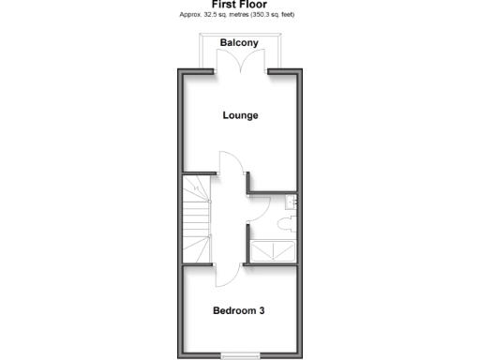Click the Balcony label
pyautogui.click(x=240, y=43)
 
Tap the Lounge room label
pyautogui.click(x=240, y=115)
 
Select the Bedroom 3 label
pyautogui.click(x=238, y=310)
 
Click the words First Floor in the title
pyautogui.click(x=239, y=5)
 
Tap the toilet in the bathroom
pyautogui.click(x=285, y=222)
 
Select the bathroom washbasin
pyautogui.click(x=292, y=200)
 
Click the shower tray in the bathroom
pyautogui.click(x=272, y=252)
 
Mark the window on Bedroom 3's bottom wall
pyautogui.click(x=241, y=354)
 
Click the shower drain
pyautogui.click(x=273, y=252)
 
